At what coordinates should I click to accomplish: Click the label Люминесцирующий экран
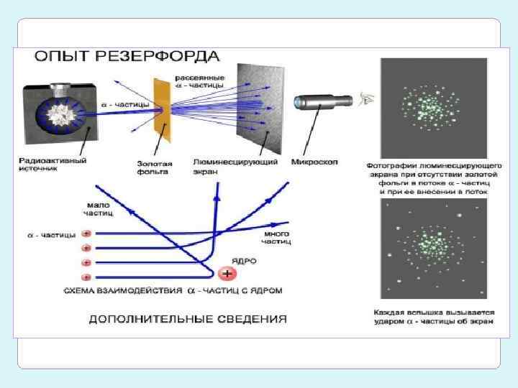[x=235, y=166]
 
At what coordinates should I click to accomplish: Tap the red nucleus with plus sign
[x=227, y=274]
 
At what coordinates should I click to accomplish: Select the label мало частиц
[x=98, y=209]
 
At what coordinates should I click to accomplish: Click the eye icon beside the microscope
[x=367, y=100]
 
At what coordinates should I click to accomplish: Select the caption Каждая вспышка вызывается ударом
[x=434, y=317]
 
